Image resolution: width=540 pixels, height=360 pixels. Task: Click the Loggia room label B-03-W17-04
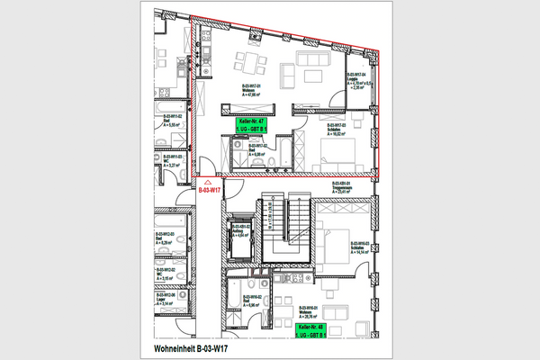click(357, 80)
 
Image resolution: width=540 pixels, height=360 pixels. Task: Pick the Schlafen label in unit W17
click(336, 129)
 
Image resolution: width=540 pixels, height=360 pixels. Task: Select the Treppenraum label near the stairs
click(345, 188)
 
